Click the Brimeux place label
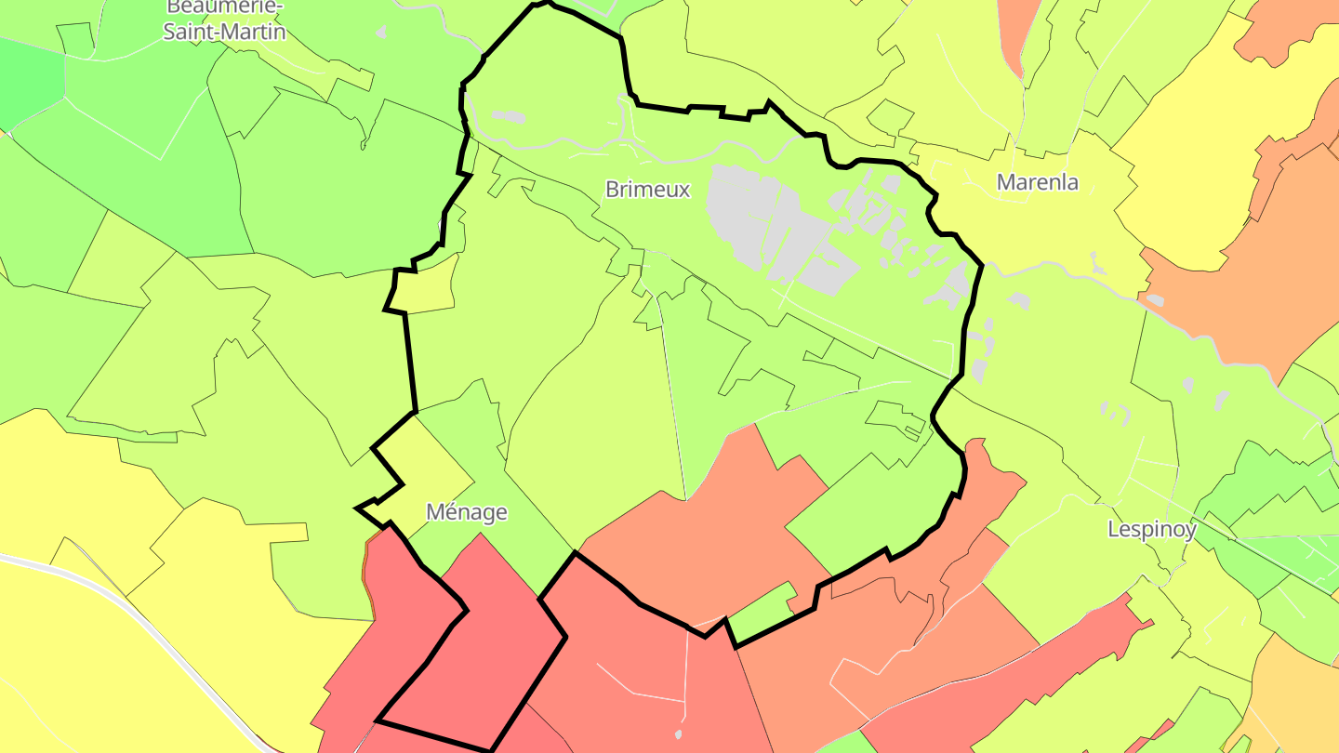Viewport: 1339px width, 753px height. [647, 190]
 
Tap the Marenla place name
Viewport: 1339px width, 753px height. [1037, 182]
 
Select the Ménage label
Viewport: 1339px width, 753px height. [467, 511]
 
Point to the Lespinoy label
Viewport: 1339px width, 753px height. [1151, 530]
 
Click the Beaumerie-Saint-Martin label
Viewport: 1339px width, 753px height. [224, 20]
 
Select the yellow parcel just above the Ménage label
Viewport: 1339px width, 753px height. [430, 462]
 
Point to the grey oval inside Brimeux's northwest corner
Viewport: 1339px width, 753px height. [509, 117]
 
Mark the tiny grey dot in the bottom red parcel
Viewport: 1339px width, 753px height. [679, 734]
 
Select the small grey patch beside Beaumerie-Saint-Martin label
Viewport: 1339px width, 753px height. [380, 32]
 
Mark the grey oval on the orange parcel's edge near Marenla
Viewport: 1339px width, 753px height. [1155, 300]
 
